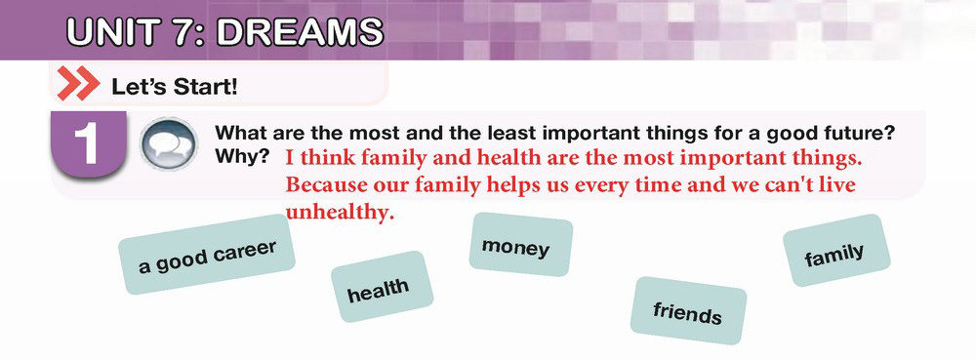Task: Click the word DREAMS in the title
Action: point(300,32)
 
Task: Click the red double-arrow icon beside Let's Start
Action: point(78,85)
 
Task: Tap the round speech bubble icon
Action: point(168,144)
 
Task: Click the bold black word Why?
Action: point(242,157)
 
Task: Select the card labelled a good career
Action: point(207,255)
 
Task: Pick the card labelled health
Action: point(382,287)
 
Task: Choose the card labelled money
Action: point(520,244)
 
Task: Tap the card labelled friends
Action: point(688,310)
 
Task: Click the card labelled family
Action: point(836,251)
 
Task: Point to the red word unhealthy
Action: point(340,213)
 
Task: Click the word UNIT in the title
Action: point(109,32)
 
